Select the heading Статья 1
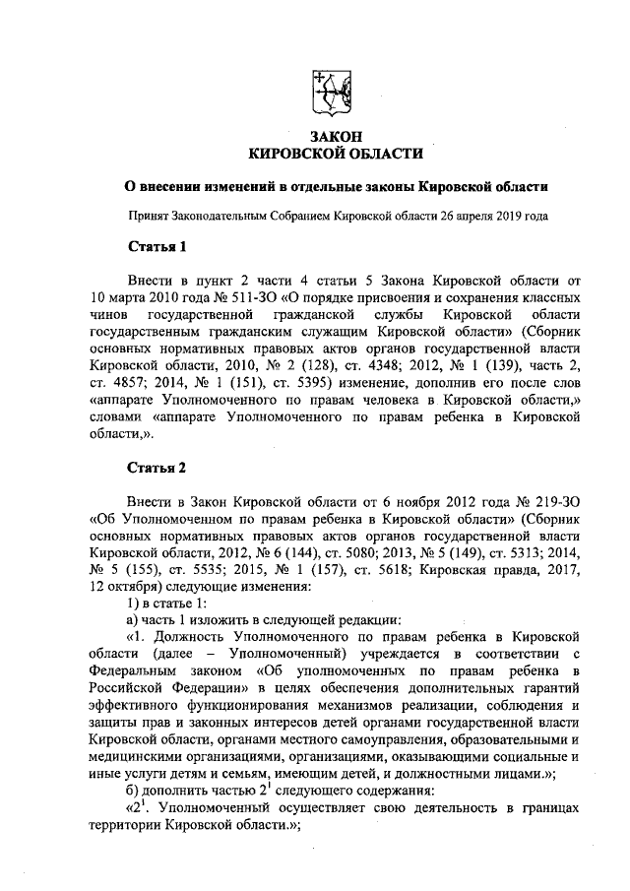click(x=157, y=244)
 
